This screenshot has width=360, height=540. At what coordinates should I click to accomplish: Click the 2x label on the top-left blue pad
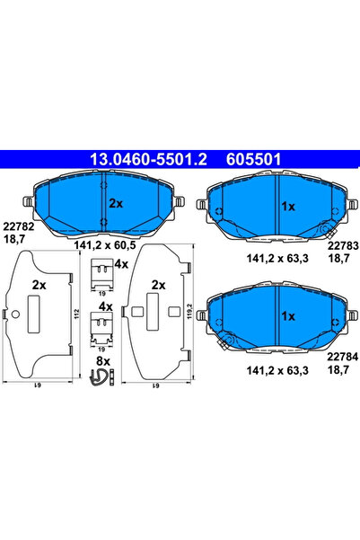click(x=115, y=204)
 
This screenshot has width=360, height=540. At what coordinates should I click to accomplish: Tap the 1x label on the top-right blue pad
click(x=289, y=206)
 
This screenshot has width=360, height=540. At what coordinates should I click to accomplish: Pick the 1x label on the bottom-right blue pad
click(x=289, y=316)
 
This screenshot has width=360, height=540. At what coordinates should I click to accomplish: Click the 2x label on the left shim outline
click(x=39, y=285)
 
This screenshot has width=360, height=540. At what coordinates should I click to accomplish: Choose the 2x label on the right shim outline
click(x=157, y=285)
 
